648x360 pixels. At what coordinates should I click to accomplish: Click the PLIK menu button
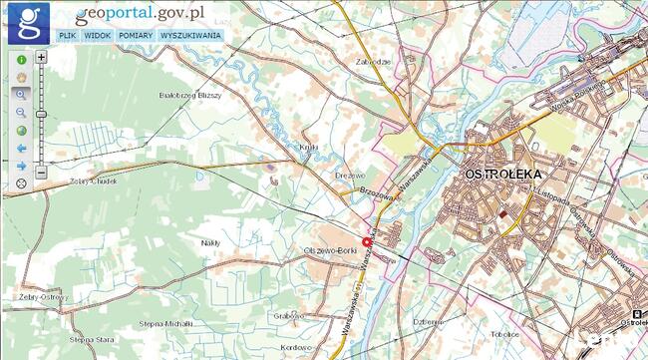coord(67,35)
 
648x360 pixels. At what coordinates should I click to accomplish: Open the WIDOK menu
coord(98,35)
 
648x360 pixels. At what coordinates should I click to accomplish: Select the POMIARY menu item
coord(136,35)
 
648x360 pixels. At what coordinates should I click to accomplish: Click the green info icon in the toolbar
coord(21,60)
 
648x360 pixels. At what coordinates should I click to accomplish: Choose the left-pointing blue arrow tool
coord(21,148)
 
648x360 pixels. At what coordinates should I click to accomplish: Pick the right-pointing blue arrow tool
coord(21,166)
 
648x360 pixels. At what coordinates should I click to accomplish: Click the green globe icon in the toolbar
coord(21,131)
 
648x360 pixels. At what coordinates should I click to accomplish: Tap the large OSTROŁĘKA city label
coord(501,175)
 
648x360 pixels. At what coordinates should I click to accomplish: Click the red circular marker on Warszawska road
coord(366,242)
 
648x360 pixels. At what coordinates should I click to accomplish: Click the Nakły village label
coord(210,242)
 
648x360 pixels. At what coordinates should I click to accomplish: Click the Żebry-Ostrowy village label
coord(41,297)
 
